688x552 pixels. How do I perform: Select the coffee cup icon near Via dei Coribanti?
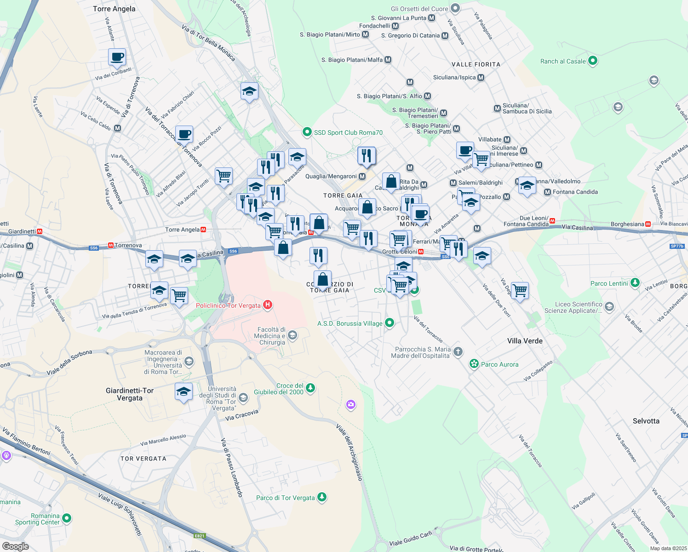[x=117, y=57]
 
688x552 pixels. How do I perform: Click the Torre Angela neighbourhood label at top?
[x=114, y=9]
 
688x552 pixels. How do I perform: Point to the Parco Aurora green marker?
[x=474, y=364]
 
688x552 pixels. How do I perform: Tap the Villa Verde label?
[x=525, y=341]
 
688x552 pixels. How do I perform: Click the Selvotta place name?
[x=646, y=421]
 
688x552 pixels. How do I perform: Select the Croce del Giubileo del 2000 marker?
[x=310, y=388]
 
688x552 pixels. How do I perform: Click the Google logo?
[x=15, y=546]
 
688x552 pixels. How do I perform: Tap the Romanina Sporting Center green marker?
[x=67, y=518]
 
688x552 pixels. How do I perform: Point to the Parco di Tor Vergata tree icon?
[x=322, y=497]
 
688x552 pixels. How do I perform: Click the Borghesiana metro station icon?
[x=648, y=224]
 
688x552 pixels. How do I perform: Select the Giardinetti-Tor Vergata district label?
[x=130, y=394]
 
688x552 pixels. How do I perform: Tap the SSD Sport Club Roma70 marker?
[x=307, y=132]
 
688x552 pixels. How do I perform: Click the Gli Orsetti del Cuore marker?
[x=455, y=8]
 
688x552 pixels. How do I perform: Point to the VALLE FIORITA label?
[x=476, y=64]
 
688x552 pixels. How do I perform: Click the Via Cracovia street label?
[x=242, y=415]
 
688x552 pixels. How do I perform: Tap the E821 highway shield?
[x=199, y=536]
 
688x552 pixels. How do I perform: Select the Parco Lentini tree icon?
[x=635, y=283]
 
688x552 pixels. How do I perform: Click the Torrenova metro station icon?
[x=111, y=246]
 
